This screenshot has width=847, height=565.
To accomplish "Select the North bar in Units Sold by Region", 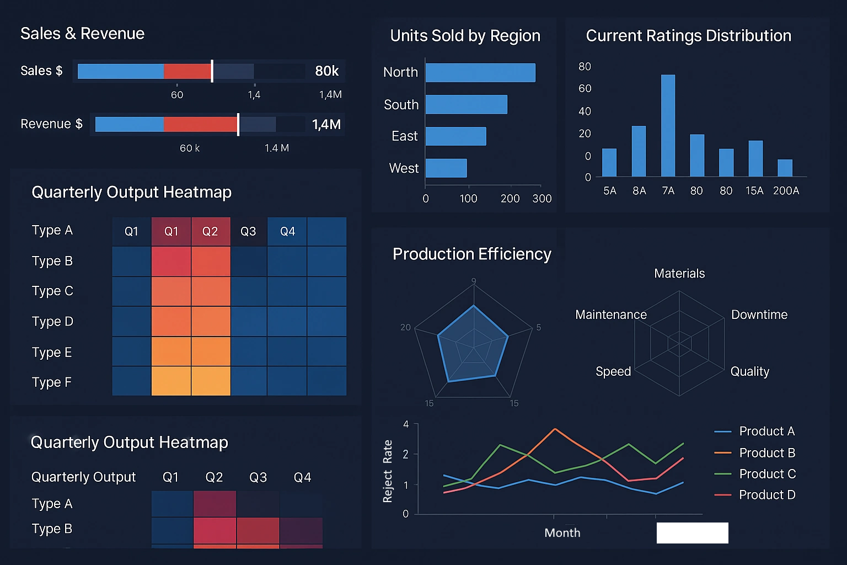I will (x=480, y=73).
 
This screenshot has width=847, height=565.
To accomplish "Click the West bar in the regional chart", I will (x=446, y=168).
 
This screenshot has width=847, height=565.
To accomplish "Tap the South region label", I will (x=401, y=105).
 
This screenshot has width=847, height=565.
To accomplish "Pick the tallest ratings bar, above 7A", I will (x=668, y=125).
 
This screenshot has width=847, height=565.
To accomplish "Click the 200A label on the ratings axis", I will (x=786, y=191).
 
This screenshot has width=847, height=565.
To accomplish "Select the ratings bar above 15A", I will (x=755, y=158).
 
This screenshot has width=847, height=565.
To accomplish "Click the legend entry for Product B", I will (x=766, y=453).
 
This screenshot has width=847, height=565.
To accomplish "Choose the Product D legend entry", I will (x=766, y=495).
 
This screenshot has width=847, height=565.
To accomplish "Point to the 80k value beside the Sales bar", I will (x=326, y=71).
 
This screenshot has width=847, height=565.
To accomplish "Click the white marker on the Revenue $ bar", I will (x=238, y=125).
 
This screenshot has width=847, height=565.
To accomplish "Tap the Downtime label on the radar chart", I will (x=759, y=315).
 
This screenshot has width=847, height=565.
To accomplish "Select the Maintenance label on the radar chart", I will (x=610, y=315).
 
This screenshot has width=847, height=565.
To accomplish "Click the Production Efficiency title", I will (x=471, y=254).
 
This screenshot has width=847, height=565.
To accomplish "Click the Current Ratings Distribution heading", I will (x=688, y=36).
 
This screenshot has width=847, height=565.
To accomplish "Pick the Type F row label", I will (x=52, y=382).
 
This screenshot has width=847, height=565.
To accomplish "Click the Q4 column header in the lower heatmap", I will (x=302, y=477).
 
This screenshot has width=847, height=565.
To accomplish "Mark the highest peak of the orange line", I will (x=555, y=429).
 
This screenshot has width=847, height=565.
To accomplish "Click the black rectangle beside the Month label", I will (x=692, y=534).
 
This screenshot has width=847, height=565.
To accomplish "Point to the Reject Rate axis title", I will (x=388, y=471).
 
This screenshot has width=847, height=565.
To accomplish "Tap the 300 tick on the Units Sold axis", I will (x=542, y=199).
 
